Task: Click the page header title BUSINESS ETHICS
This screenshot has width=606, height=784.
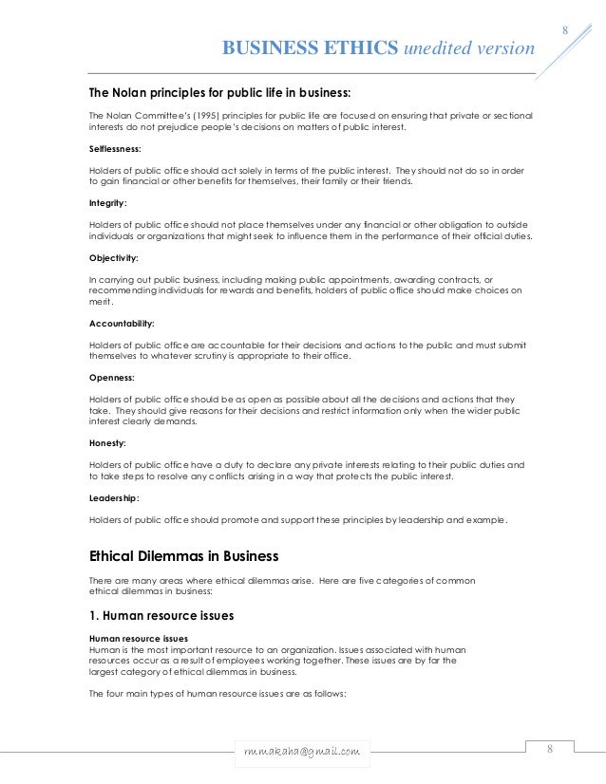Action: point(309,48)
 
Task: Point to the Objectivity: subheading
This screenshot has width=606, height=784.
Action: point(113,257)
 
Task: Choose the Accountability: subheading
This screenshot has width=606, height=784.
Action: point(121,323)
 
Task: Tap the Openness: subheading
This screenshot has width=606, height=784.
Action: point(111,377)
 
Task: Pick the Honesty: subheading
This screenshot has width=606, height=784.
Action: point(107,442)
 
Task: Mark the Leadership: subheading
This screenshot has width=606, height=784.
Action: point(114,496)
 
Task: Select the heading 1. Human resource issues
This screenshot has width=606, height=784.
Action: point(162,614)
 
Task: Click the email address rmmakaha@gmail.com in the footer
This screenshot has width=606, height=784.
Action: point(302,752)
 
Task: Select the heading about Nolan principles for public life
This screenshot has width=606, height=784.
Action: point(219,93)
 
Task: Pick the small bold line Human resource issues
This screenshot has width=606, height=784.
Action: point(138,638)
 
